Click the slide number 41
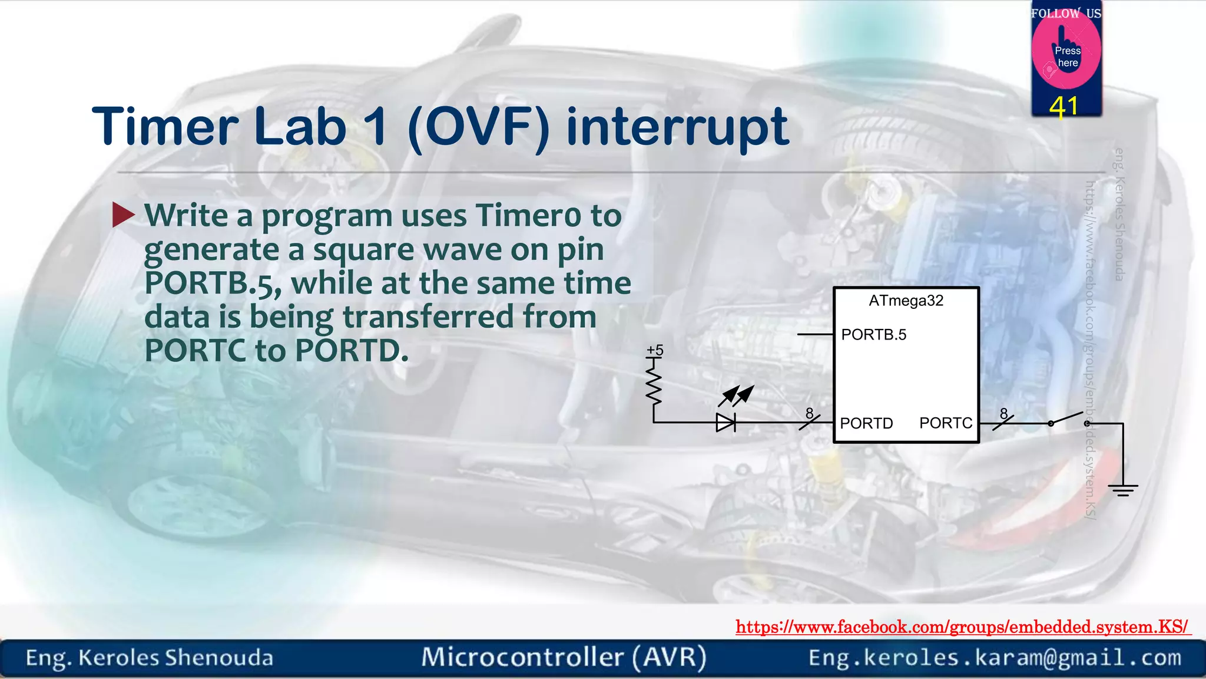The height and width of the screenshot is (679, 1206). (1063, 107)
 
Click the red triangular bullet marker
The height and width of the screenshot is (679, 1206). (123, 215)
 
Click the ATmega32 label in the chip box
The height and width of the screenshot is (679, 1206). (906, 301)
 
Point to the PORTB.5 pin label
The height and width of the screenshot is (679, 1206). (873, 335)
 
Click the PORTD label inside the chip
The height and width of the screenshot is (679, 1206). (866, 423)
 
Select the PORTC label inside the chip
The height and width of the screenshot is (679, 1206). (945, 423)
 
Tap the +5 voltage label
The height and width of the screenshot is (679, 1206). (655, 350)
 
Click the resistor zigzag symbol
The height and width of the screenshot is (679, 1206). (654, 383)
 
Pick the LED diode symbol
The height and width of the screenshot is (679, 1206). (725, 422)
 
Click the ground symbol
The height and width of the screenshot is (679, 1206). (1122, 489)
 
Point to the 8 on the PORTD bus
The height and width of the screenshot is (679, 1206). (809, 414)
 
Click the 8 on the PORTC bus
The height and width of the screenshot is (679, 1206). (1003, 414)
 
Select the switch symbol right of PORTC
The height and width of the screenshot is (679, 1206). (1068, 419)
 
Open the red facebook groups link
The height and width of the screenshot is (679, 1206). (962, 627)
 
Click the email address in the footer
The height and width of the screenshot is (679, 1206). (995, 658)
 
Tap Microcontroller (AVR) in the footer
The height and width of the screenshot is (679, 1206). (564, 657)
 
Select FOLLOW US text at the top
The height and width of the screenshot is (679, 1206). (1066, 13)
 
